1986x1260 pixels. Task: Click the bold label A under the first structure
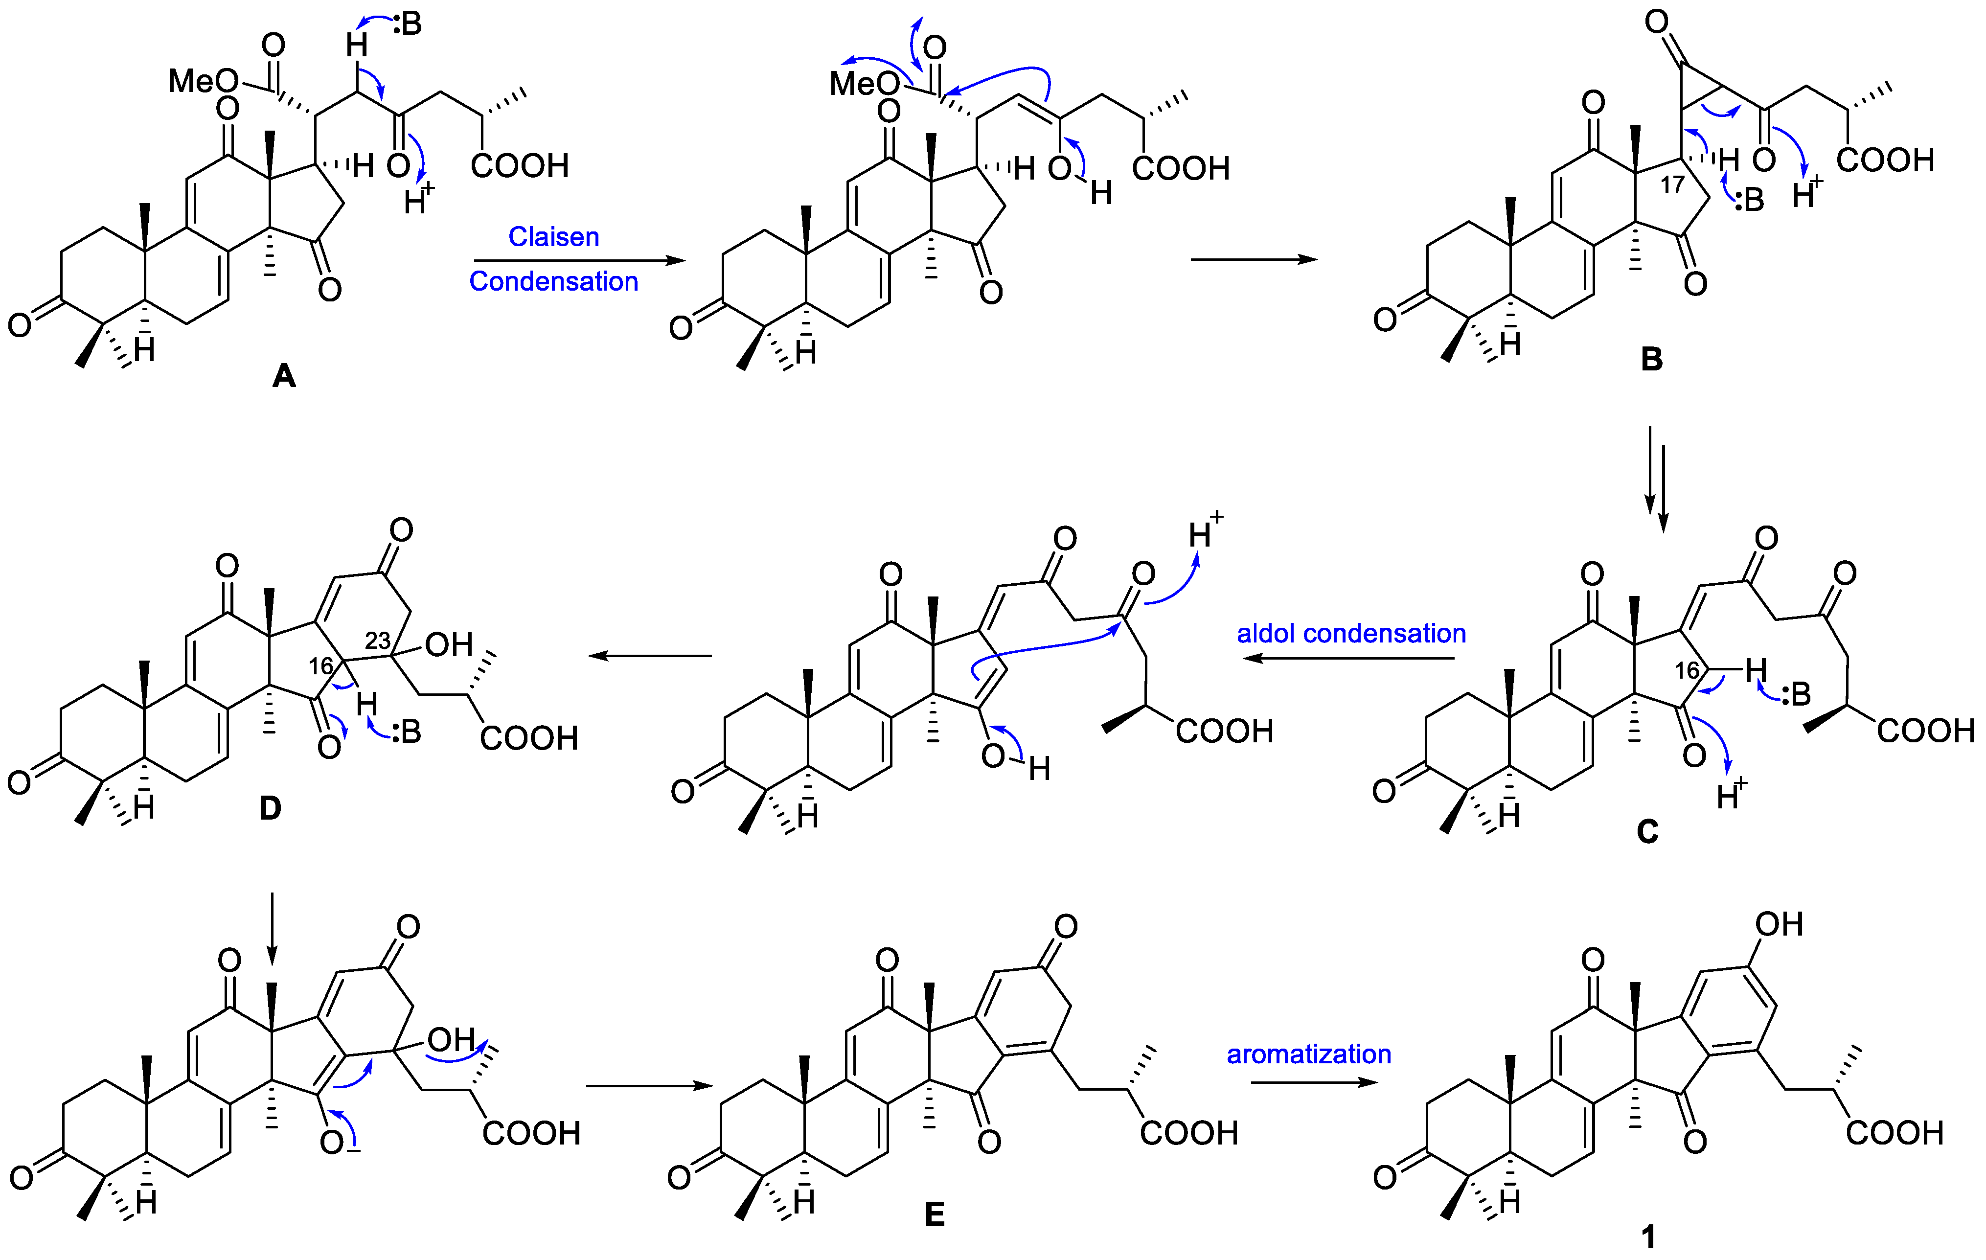(x=284, y=377)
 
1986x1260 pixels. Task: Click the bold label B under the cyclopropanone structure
(x=1651, y=360)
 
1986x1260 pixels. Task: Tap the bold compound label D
(x=271, y=809)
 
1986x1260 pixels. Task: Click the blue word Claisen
(x=553, y=237)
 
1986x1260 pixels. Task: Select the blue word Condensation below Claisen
(x=553, y=281)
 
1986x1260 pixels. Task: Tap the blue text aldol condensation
(x=1351, y=633)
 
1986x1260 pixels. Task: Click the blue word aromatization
(x=1309, y=1054)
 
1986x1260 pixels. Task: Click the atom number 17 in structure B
(x=1672, y=184)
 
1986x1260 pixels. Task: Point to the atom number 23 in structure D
(x=378, y=640)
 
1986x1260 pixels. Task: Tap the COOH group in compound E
(x=1188, y=1133)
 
